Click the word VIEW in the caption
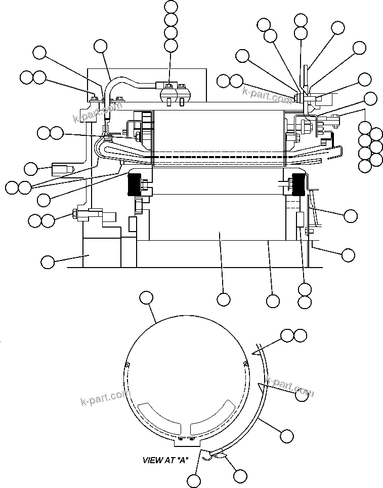point(152,461)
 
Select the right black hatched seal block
point(296,184)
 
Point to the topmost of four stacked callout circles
point(172,7)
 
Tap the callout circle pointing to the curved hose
point(101,47)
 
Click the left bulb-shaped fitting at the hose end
point(167,93)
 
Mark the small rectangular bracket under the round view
point(186,442)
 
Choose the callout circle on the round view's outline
point(146,298)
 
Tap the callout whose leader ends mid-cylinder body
point(223,299)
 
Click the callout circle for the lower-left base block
point(48,262)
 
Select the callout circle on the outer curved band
point(287,435)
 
